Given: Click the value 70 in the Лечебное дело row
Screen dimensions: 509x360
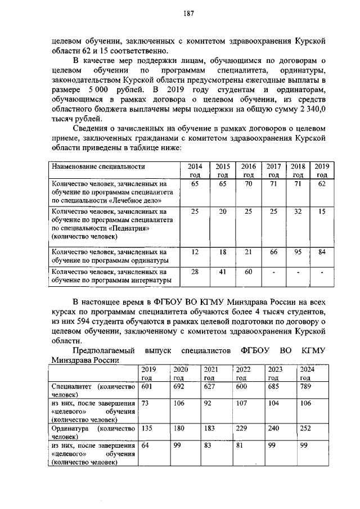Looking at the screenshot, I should (249, 184).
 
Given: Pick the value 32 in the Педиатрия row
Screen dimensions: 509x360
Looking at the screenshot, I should (298, 211).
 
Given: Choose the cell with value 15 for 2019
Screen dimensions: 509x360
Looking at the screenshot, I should (322, 211).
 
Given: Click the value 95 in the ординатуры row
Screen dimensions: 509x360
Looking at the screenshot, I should (298, 252).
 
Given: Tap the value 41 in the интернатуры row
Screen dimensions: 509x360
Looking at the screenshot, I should (222, 272).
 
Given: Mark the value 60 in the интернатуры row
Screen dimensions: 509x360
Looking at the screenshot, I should (249, 272).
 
